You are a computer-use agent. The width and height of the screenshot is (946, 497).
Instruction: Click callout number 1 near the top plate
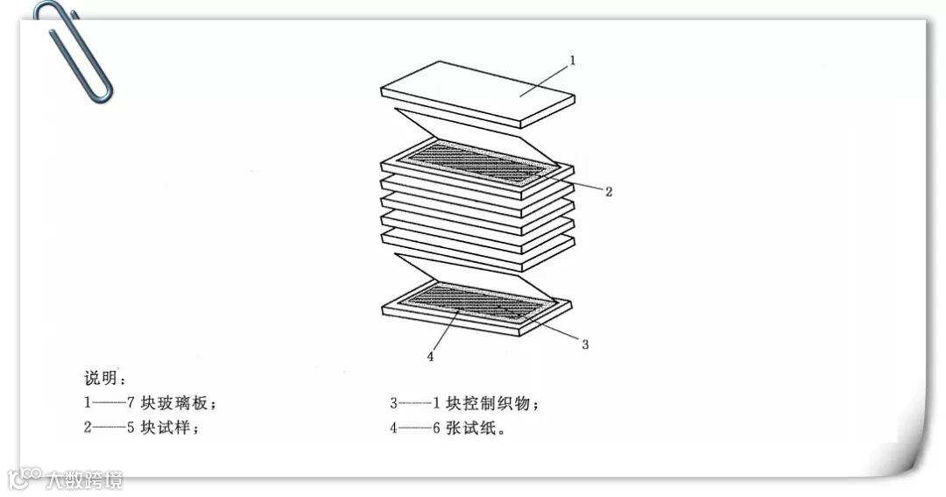572,60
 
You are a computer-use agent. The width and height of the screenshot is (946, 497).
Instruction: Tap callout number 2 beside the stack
609,192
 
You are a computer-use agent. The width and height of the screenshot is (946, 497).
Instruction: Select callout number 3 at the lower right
585,344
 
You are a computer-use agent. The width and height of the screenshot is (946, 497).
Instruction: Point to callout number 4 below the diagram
430,356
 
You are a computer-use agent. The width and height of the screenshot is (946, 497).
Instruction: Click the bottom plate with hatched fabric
477,307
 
